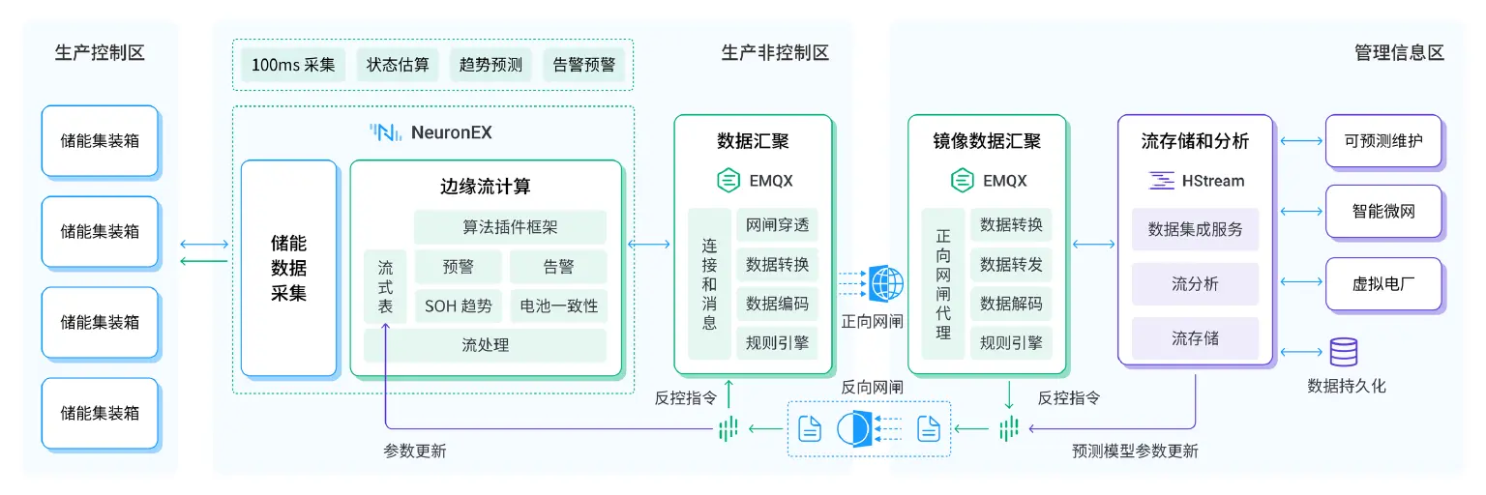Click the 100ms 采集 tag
coord(293,65)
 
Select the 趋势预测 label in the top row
coord(490,65)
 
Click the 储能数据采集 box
coord(288,268)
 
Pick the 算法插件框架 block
coord(510,227)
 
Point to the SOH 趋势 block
coord(458,306)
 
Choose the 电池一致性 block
coord(558,306)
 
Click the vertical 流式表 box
coord(385,287)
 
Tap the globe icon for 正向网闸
coord(886,283)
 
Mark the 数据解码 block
coord(1011,304)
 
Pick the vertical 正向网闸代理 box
coord(943,283)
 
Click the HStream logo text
coord(1197,181)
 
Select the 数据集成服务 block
coord(1195,229)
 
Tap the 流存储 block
coord(1195,338)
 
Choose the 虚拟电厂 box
coord(1382,284)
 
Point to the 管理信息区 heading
coord(1399,53)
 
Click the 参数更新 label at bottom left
coord(415,451)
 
